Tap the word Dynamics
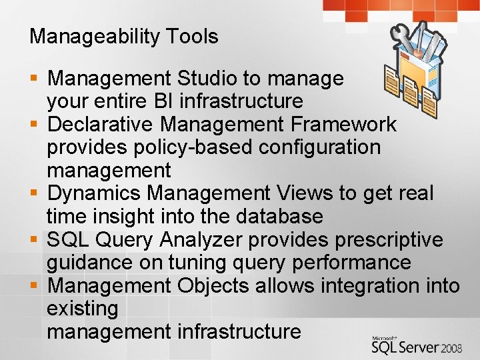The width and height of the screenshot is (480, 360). tap(95, 193)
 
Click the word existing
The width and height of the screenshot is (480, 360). tap(82, 309)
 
